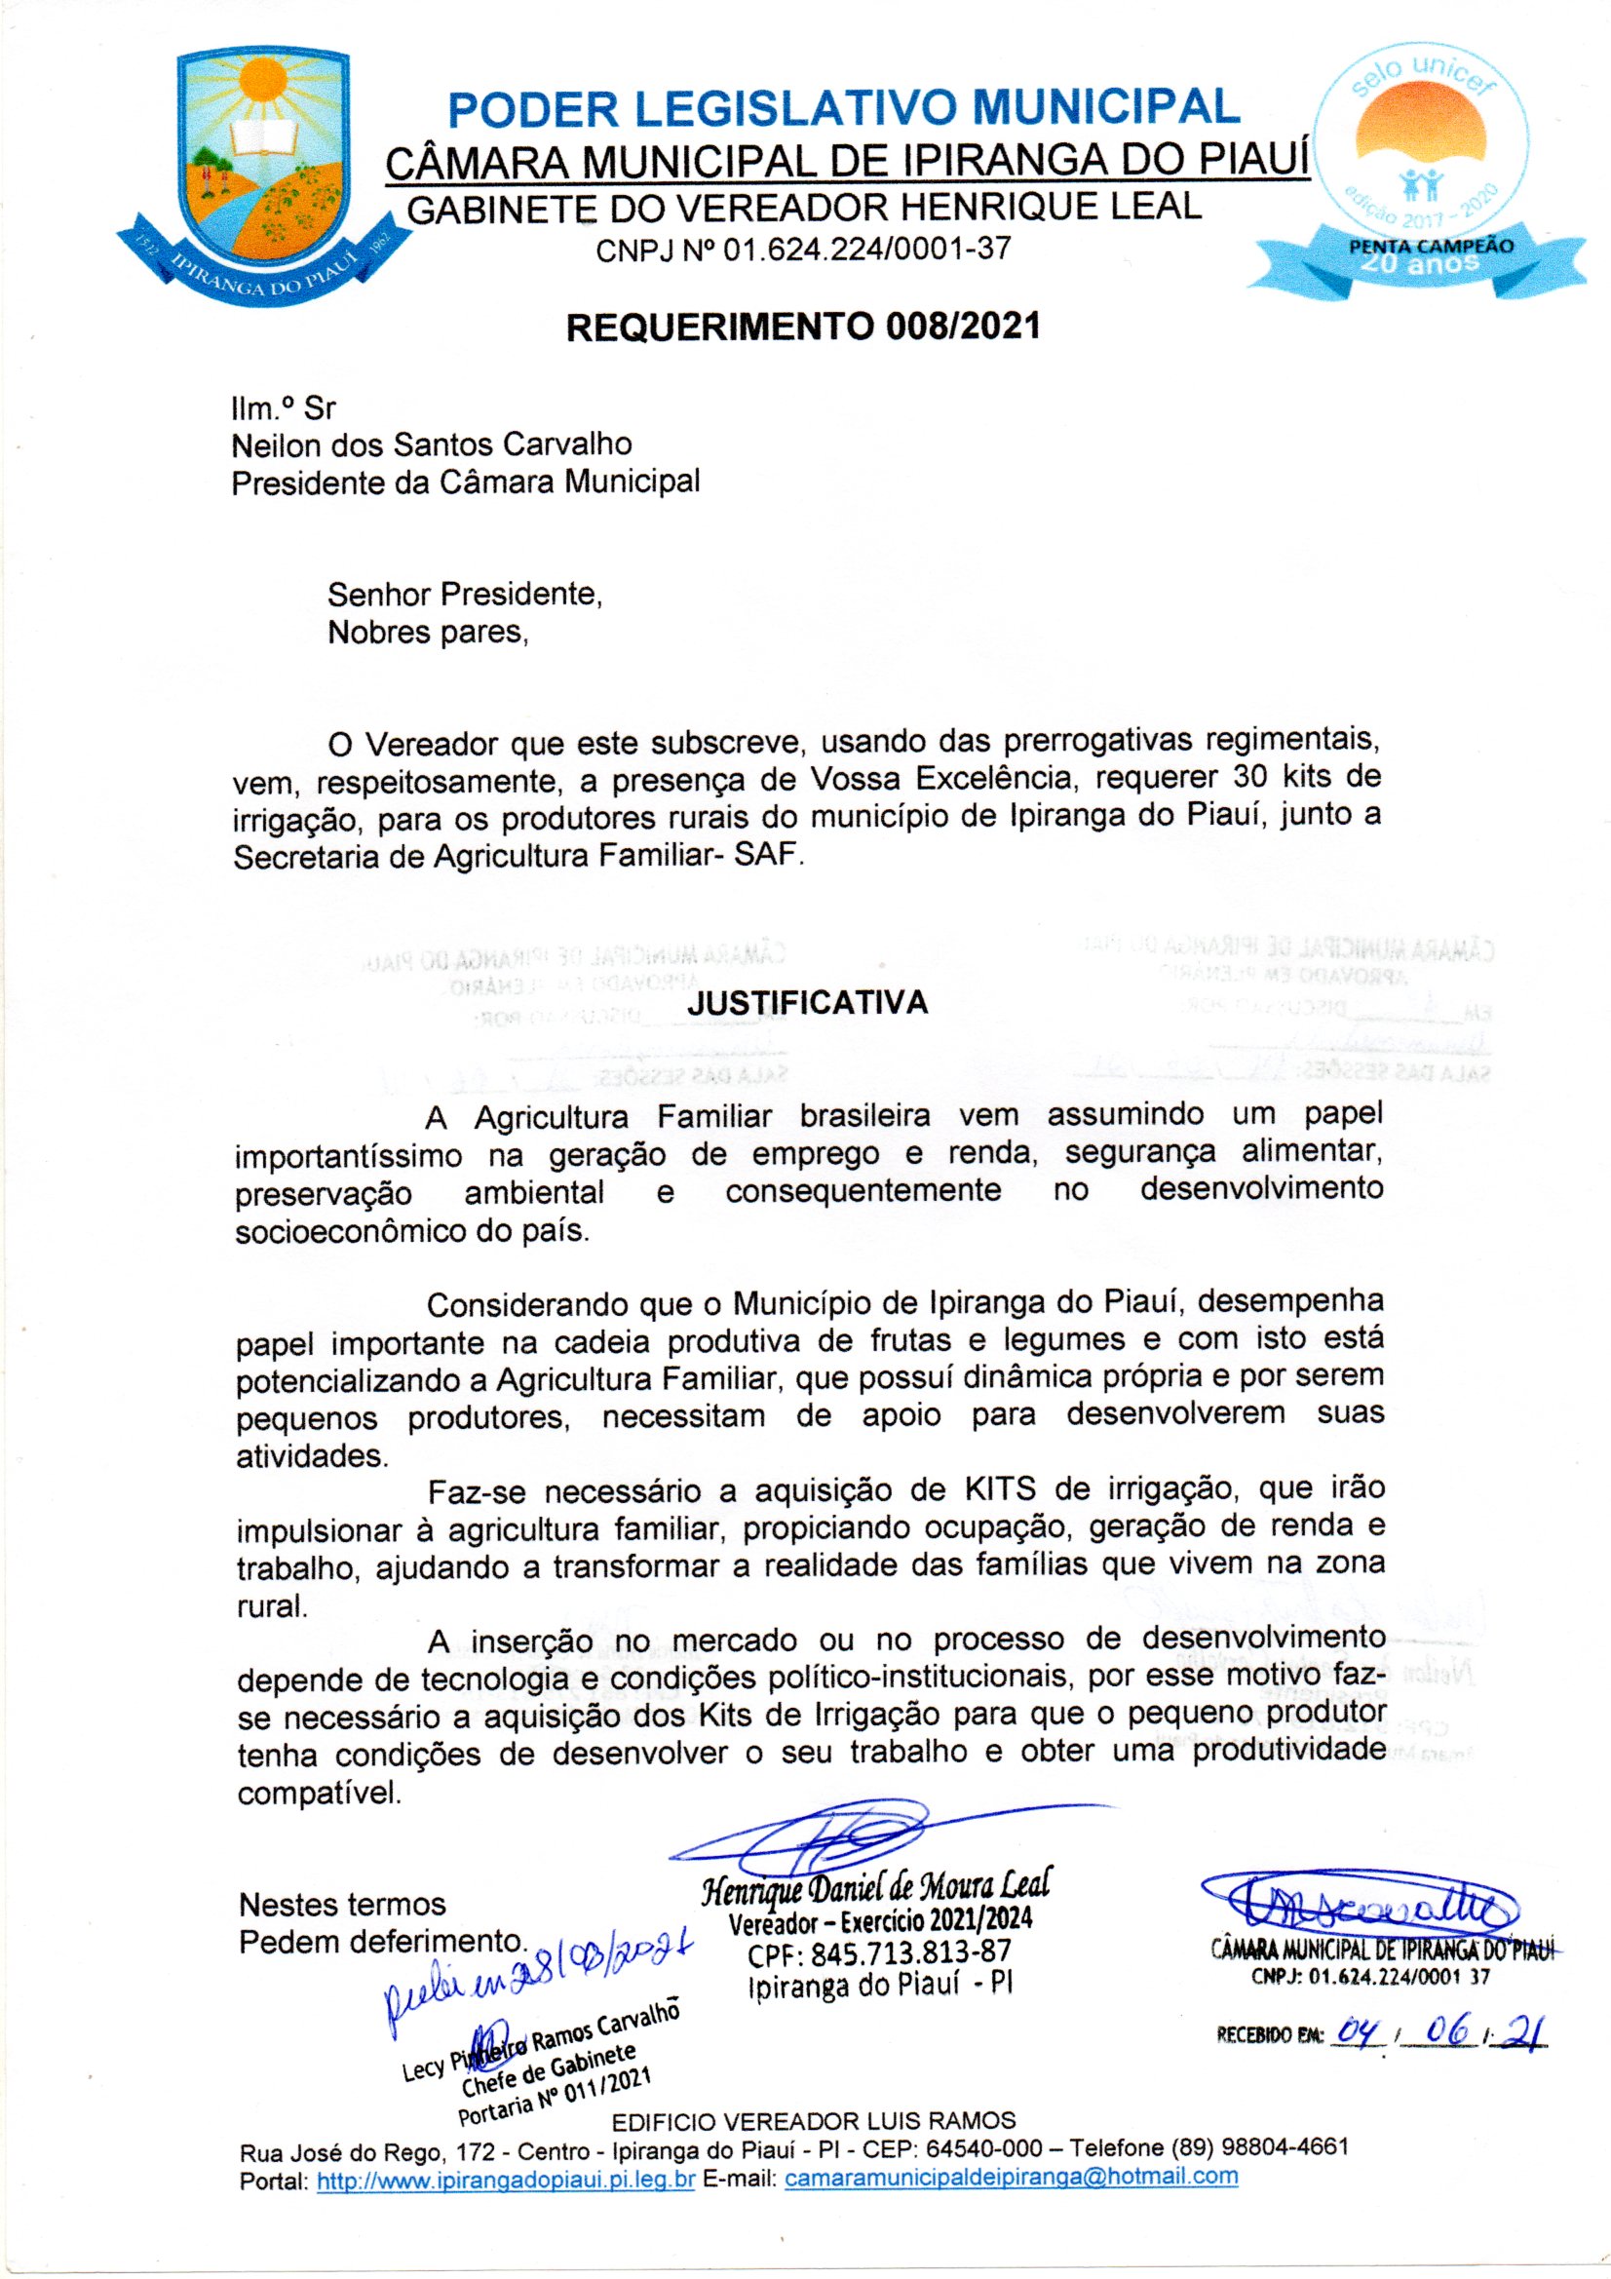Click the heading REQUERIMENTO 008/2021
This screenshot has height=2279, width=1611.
803,327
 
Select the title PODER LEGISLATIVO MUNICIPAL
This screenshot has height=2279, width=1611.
844,107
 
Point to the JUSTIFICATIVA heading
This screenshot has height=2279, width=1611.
807,1002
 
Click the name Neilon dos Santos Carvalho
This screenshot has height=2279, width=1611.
431,444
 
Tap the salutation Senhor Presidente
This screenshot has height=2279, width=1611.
465,595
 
